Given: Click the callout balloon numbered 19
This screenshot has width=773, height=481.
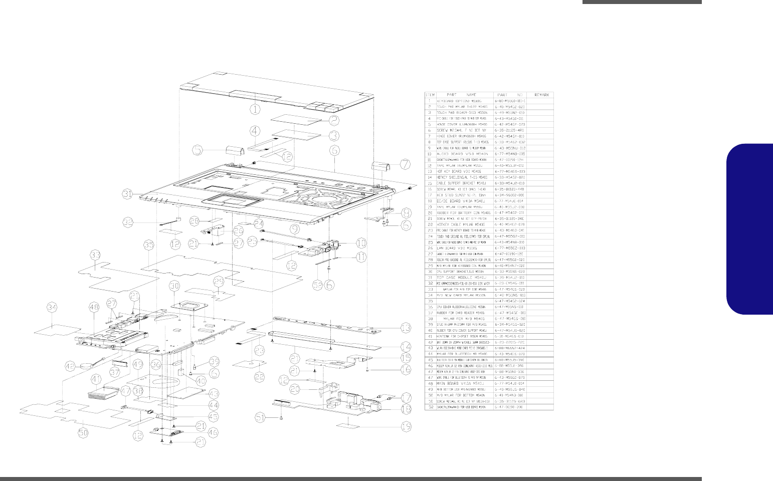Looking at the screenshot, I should coord(405,427).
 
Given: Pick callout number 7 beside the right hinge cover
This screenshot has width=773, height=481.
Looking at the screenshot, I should coord(404,164).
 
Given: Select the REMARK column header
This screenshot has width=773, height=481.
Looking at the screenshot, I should coord(541,95).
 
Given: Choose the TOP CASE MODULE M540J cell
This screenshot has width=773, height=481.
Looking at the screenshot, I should coord(459,277).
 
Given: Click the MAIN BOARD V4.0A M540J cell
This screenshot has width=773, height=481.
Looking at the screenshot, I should coord(459,383).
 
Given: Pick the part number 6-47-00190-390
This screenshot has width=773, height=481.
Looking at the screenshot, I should coord(510,407).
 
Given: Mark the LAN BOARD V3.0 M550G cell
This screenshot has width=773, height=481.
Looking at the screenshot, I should coord(459,248).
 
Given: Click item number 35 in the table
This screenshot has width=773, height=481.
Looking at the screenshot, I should coord(430,301).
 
